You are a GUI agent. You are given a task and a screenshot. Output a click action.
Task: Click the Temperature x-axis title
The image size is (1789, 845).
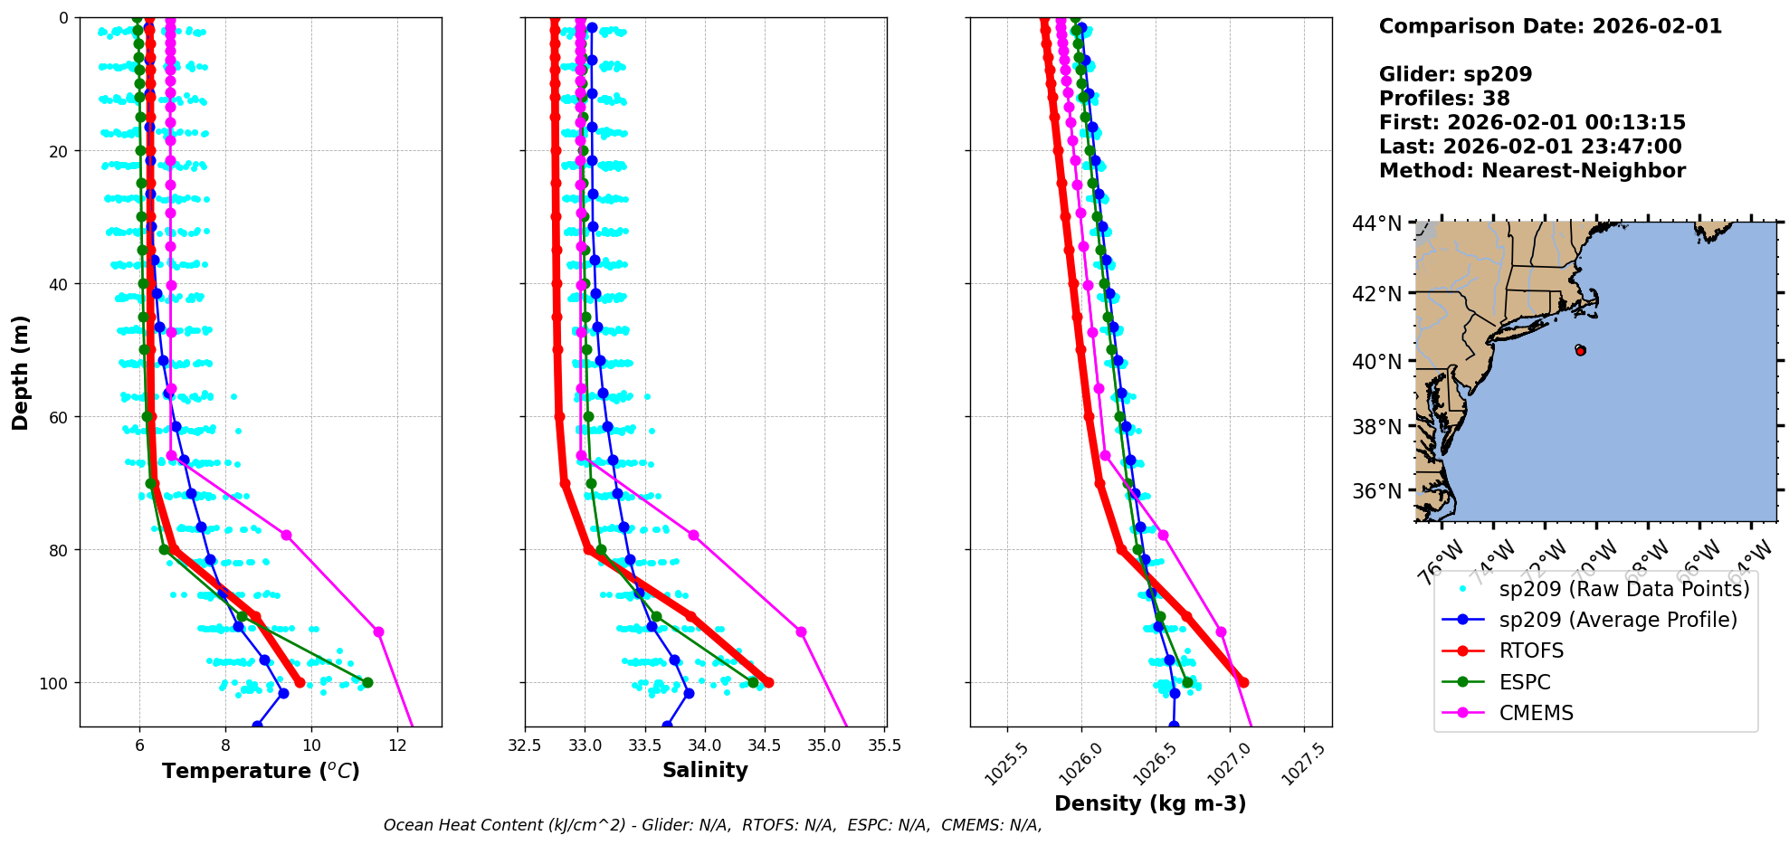[261, 771]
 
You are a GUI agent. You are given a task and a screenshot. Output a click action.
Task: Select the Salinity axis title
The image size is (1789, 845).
[705, 771]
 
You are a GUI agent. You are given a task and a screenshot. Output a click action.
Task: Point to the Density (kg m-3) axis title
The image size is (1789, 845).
[1150, 803]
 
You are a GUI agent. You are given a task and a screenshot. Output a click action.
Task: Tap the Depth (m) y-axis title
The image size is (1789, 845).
[21, 372]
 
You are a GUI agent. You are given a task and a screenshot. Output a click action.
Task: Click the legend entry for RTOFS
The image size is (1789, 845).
[1531, 651]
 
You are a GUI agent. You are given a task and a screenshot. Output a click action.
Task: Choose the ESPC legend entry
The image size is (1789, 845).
[1525, 682]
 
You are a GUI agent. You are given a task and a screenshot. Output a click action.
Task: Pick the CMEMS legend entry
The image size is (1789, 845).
[1536, 713]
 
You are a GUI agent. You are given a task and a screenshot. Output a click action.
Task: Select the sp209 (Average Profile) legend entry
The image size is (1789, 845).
[1618, 620]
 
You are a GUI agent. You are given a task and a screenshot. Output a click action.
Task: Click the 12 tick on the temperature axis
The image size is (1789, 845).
[397, 745]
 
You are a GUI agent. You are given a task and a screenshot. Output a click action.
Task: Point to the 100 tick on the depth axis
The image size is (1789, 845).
[53, 683]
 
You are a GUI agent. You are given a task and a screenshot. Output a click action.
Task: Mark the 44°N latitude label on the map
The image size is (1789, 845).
[1377, 223]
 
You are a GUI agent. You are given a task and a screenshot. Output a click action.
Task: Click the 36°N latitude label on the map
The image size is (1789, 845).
[1377, 491]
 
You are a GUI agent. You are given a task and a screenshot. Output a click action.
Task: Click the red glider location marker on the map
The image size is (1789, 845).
[1580, 350]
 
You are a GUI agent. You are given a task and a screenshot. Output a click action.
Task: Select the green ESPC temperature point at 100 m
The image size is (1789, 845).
[367, 682]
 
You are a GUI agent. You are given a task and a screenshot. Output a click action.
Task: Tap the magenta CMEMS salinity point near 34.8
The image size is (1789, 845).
[801, 631]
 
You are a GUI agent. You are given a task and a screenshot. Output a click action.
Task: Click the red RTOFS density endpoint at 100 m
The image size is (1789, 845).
[1243, 682]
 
